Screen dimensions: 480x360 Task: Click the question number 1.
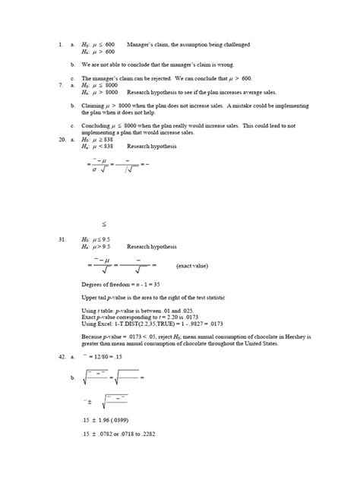pos(59,45)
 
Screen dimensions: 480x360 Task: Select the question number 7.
pos(59,85)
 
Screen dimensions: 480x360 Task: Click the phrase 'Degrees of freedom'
pos(105,282)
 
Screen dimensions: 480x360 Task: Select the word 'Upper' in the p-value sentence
pos(89,296)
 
